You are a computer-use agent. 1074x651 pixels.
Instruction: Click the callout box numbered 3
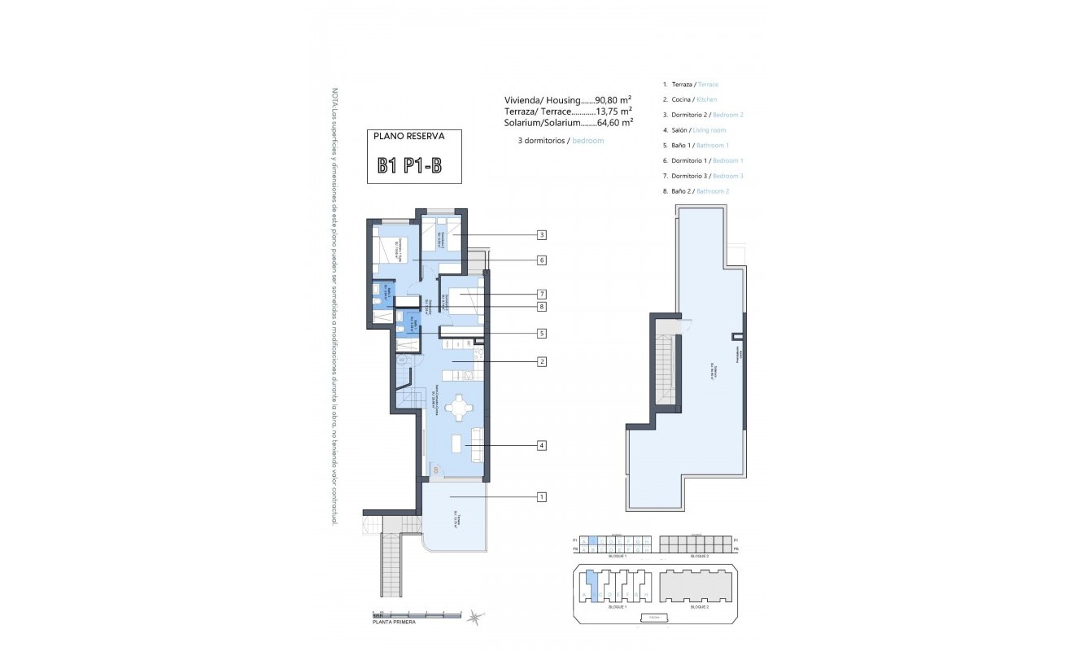(541, 235)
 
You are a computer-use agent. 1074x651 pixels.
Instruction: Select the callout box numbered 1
(541, 496)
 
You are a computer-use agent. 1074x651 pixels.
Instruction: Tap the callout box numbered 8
(541, 307)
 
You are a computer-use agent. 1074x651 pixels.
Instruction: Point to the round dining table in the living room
(460, 408)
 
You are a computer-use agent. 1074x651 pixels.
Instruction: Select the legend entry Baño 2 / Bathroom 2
(699, 191)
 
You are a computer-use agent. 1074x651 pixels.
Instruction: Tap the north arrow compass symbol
(474, 618)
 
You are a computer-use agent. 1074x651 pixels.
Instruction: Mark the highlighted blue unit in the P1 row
(593, 540)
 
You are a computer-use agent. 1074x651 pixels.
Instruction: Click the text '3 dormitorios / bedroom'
(561, 141)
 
